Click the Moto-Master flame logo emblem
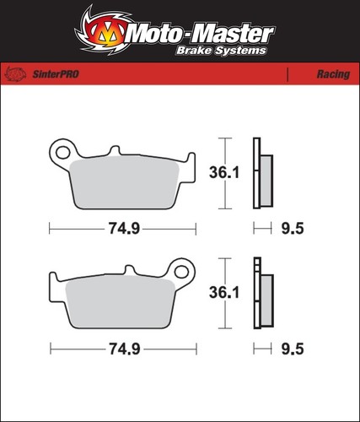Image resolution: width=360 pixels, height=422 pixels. (103, 31)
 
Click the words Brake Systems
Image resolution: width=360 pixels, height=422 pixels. (221, 51)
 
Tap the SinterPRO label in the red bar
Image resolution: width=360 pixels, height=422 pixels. (56, 74)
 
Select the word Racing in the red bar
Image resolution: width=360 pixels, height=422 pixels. (333, 74)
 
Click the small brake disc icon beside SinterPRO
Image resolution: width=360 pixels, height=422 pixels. (16, 74)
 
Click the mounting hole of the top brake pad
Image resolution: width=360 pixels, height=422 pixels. (62, 153)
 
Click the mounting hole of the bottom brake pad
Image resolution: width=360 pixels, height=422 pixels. (181, 272)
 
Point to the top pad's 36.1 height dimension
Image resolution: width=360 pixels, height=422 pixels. (224, 172)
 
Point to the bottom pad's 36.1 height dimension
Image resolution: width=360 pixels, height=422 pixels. (224, 293)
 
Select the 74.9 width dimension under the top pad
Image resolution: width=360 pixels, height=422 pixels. (124, 228)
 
